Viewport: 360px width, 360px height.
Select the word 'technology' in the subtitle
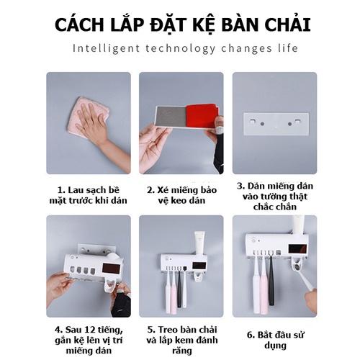(181, 48)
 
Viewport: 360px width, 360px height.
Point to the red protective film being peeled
(202, 116)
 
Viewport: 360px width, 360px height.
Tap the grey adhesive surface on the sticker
(171, 117)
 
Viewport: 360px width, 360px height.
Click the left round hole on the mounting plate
(262, 124)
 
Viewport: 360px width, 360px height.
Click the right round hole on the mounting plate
(289, 124)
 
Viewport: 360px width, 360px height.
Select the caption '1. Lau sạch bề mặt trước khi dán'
(89, 195)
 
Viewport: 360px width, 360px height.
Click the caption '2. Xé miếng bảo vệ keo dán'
(181, 195)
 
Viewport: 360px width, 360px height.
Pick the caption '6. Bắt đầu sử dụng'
(275, 340)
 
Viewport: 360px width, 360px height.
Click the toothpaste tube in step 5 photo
(199, 243)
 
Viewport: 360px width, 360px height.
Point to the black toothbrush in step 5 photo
(179, 287)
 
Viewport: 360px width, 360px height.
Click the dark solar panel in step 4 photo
(111, 269)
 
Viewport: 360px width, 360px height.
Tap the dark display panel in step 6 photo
(297, 248)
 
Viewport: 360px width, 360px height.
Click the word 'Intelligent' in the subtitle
(107, 48)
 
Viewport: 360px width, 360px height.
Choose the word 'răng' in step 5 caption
(181, 351)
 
